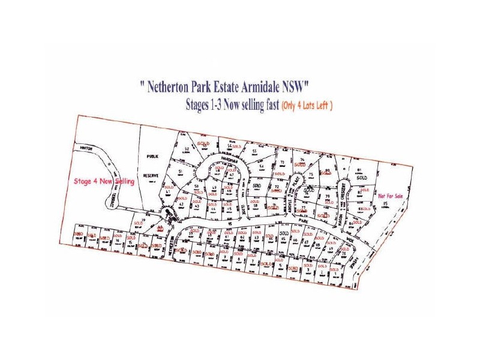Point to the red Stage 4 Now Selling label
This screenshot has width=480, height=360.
point(103,181)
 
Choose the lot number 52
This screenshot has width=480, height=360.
point(187,148)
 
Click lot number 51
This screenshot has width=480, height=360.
point(180,172)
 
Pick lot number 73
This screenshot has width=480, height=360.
point(281,163)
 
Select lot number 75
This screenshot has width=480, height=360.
point(311,175)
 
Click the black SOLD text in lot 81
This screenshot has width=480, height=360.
point(361,178)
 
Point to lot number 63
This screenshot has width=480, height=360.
point(256,238)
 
